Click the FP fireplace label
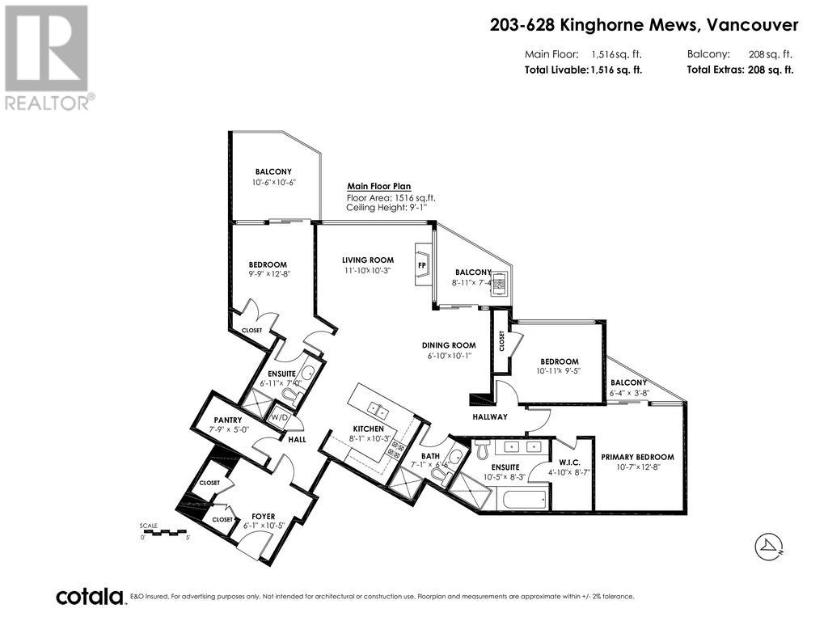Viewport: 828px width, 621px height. click(x=422, y=264)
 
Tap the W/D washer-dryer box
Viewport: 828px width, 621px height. click(x=279, y=418)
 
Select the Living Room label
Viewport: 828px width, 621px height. click(x=367, y=260)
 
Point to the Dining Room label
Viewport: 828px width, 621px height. click(x=447, y=345)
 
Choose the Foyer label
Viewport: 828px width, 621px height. click(x=263, y=516)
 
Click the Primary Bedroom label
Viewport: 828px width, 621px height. click(x=637, y=457)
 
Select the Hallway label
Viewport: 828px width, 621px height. click(x=490, y=416)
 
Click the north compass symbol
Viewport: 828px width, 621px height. click(x=768, y=547)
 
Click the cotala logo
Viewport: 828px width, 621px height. click(x=89, y=597)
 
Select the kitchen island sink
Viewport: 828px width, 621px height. click(x=376, y=406)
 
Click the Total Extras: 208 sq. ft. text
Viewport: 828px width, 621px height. click(x=740, y=70)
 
